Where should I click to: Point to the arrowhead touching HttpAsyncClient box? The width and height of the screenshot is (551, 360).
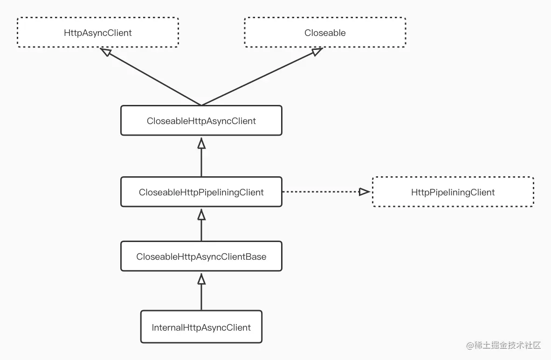106,52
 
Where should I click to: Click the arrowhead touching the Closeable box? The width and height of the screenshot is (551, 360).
317,52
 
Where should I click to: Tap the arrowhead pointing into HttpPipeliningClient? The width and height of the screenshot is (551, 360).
365,192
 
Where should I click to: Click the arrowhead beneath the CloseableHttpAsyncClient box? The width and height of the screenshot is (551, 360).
201,143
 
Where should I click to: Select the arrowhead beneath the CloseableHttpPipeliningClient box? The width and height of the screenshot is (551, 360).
201,214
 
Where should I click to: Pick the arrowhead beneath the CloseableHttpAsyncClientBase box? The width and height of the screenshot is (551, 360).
201,279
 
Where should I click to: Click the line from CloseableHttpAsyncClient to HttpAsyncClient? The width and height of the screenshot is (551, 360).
154,79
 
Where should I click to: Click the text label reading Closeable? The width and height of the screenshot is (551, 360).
325,33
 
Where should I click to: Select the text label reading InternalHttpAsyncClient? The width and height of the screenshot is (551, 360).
201,328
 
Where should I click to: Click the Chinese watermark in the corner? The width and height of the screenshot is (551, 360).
503,346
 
